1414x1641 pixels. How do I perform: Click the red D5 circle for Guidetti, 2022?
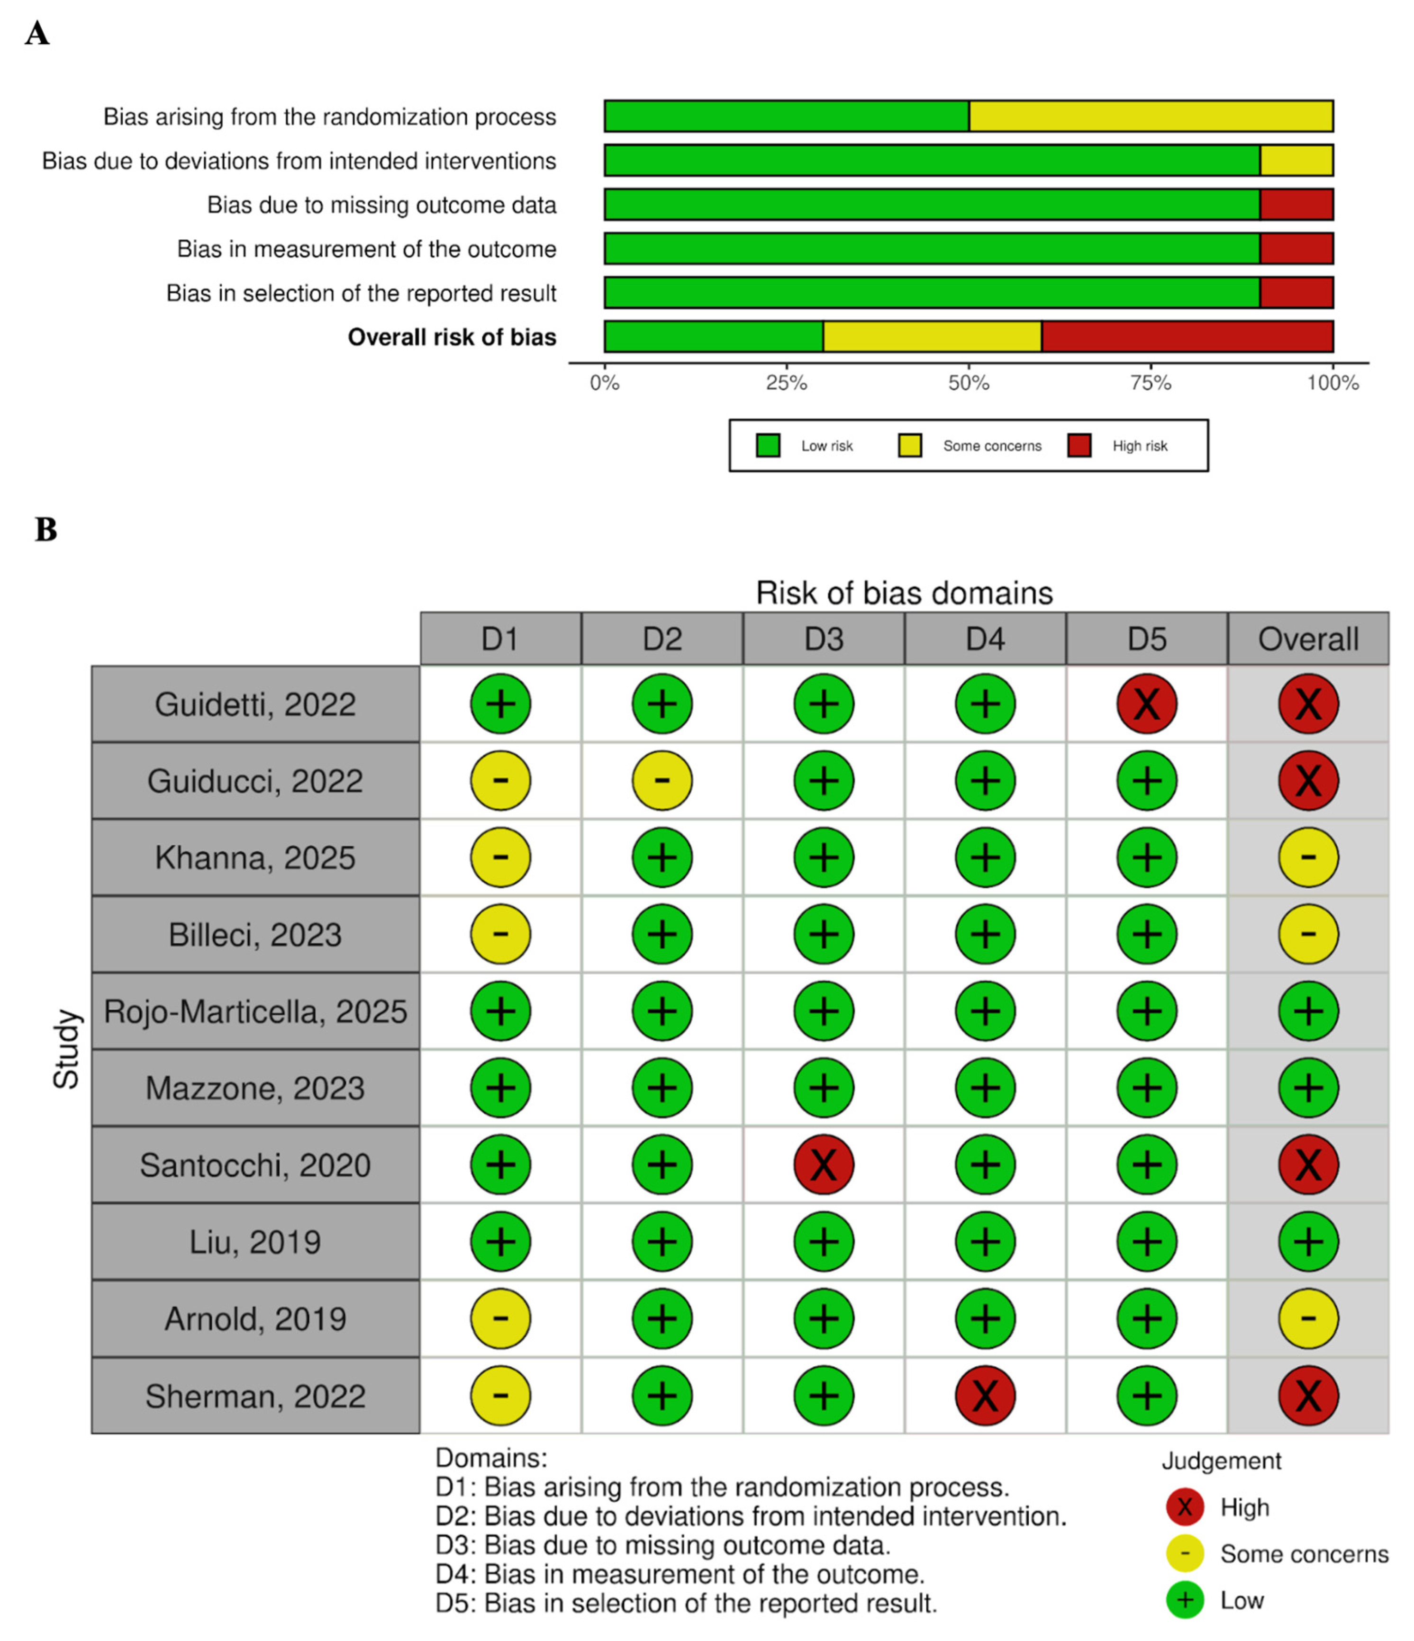coord(1146,703)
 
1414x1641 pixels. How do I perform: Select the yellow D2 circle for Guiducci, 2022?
coord(662,780)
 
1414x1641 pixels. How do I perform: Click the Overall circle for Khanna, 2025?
coord(1308,857)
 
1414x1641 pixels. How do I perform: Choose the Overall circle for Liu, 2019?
coord(1308,1241)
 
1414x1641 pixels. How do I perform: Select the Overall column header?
coord(1308,638)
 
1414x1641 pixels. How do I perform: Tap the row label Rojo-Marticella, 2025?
coord(255,1011)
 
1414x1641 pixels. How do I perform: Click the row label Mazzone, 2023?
coord(255,1088)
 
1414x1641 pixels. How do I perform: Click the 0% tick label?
coord(605,383)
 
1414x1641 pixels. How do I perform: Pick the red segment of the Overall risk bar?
coord(1187,337)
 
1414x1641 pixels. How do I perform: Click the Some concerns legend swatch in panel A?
coord(909,446)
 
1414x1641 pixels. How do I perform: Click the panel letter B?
coord(46,529)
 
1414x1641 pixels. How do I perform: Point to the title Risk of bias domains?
coord(904,593)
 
